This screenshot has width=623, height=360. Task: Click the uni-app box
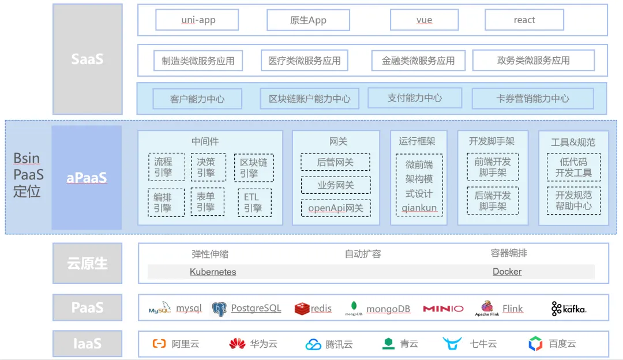point(198,20)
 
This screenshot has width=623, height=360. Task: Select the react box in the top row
point(524,20)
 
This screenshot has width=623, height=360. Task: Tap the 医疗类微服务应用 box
point(304,61)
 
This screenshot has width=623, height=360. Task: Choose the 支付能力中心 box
point(415,98)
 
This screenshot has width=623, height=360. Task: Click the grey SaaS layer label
point(87,59)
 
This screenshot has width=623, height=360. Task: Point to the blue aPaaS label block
point(87,178)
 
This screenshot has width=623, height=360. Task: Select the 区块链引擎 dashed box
point(254,168)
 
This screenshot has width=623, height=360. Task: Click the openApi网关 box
point(335,208)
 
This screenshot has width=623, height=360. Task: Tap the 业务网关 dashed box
point(335,185)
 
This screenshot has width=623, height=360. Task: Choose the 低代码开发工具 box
point(573,167)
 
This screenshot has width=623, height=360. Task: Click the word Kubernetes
point(213,272)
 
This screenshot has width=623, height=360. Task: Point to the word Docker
point(507,272)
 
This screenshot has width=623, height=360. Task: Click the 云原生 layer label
point(87,264)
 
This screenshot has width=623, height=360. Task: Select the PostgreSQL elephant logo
point(219,309)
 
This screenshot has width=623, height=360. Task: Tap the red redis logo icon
point(302,309)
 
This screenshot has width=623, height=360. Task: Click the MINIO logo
point(443,309)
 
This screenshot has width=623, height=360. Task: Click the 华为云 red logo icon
point(237,344)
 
